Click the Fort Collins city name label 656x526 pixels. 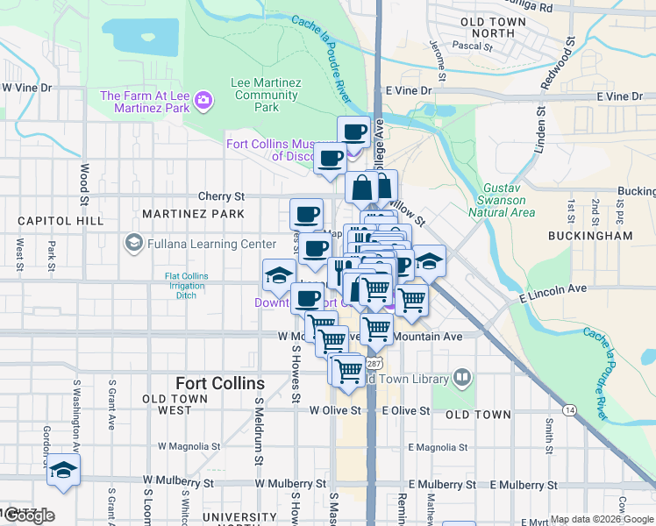click(x=219, y=383)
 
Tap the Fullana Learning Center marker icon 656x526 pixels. click(x=134, y=241)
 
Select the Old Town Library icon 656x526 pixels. click(x=462, y=378)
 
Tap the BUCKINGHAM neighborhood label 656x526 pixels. click(x=589, y=236)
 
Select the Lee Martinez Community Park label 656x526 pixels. click(x=266, y=95)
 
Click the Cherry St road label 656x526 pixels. click(x=221, y=197)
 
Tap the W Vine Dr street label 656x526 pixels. click(x=27, y=88)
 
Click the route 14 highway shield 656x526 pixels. click(x=570, y=409)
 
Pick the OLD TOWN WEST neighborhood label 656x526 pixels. click(x=175, y=404)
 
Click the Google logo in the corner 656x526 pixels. click(x=28, y=515)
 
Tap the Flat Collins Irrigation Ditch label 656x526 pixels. click(x=187, y=286)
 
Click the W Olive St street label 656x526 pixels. click(x=335, y=410)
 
